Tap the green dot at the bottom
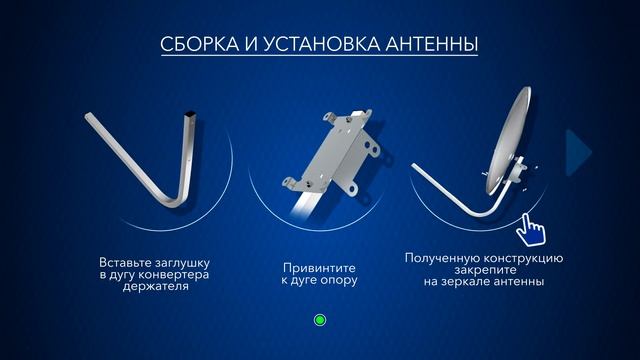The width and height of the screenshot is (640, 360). pos(320,321)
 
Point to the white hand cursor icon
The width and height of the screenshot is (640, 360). pos(530,228)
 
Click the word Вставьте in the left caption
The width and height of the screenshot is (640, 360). pos(127,262)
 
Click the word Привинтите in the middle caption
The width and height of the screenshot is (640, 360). pos(319,268)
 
